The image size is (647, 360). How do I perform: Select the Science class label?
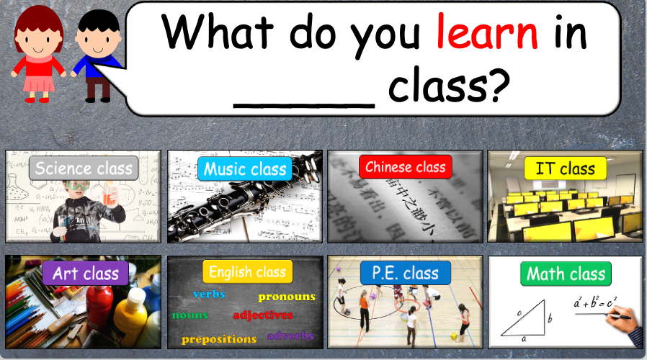[x=84, y=168]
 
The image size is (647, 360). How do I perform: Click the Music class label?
[x=245, y=169]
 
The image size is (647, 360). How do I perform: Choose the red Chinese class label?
[x=406, y=167]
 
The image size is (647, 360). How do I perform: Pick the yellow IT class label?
[x=566, y=168]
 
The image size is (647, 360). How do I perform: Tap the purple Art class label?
[x=85, y=274]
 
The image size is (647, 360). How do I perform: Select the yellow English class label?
[x=247, y=271]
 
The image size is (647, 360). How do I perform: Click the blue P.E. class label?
[x=405, y=273]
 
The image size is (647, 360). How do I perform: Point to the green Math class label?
[x=566, y=274]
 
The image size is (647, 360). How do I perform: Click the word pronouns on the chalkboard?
[x=287, y=297]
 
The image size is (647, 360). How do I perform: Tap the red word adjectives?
[x=262, y=315]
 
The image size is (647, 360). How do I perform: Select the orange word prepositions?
[x=219, y=338]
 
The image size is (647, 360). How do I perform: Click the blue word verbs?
[x=209, y=294]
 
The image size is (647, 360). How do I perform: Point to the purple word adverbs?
[x=291, y=335]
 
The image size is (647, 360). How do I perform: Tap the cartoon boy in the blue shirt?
[x=97, y=54]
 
